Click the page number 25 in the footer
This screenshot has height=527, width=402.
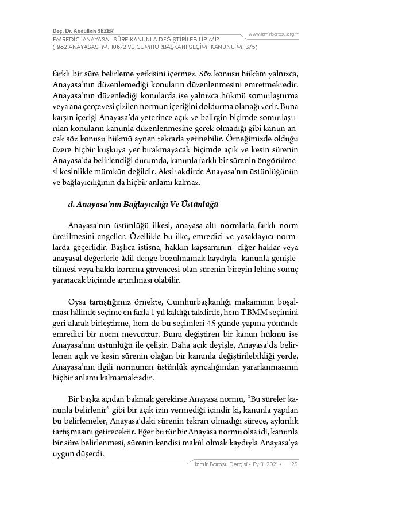pyautogui.click(x=294, y=464)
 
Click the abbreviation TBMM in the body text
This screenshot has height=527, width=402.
pyautogui.click(x=253, y=313)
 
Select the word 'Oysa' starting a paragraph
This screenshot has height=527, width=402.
pyautogui.click(x=77, y=302)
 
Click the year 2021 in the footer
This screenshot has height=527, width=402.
pyautogui.click(x=269, y=464)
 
